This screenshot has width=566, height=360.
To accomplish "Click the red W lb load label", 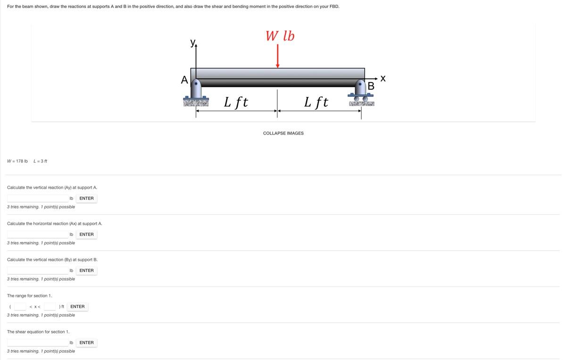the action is [x=280, y=36].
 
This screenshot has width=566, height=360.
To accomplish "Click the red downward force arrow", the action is [x=277, y=56].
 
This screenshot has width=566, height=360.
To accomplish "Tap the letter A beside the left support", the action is [x=184, y=80].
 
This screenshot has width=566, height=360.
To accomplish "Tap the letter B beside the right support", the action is [x=371, y=86].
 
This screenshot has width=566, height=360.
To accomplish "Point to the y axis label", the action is [x=193, y=42].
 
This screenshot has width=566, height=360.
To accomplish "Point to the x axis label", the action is [x=383, y=78].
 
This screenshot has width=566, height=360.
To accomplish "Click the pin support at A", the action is [x=196, y=92].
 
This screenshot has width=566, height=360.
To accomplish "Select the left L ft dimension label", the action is [x=236, y=102].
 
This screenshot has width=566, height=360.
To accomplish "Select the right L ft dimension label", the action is [x=316, y=102].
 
